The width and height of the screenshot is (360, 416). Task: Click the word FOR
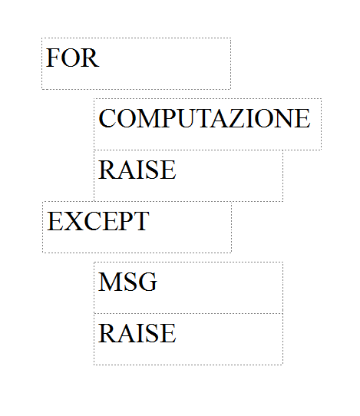coord(72,58)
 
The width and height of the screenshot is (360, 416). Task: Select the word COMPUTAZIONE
coord(204,118)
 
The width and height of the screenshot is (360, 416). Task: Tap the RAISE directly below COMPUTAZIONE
coord(137,170)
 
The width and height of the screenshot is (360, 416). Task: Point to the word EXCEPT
coord(98,221)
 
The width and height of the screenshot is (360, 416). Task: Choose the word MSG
coord(127,282)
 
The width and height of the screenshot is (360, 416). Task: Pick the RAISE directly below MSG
coord(137,333)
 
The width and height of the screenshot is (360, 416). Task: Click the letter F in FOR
coord(52,58)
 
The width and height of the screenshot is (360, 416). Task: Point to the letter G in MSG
coord(148,282)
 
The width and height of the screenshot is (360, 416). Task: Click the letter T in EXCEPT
coord(140,221)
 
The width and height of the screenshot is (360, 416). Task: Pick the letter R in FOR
coord(90,58)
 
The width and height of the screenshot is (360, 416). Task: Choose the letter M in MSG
coord(111,282)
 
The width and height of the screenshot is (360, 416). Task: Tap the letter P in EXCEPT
coord(125,221)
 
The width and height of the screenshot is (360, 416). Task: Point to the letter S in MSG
coord(130,282)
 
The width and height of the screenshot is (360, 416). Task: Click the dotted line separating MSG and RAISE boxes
coord(188,313)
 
